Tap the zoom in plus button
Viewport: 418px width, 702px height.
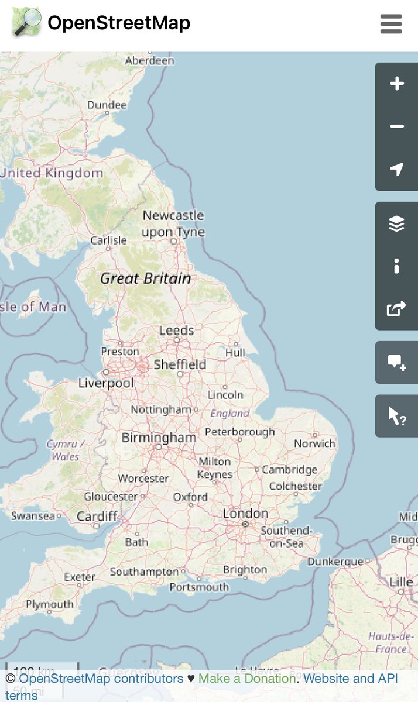click(x=397, y=84)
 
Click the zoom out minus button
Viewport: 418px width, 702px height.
click(x=397, y=126)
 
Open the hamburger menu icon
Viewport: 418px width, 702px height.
click(x=391, y=24)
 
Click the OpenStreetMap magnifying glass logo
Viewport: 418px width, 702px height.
click(x=26, y=23)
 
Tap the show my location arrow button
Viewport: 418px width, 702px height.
click(x=397, y=170)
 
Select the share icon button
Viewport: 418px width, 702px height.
click(x=397, y=308)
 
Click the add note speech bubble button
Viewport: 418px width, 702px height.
click(x=397, y=363)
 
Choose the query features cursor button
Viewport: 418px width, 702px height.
click(x=397, y=416)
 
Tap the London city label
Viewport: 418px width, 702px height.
click(x=245, y=514)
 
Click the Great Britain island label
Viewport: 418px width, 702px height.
click(x=145, y=278)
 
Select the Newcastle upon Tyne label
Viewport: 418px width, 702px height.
click(x=173, y=223)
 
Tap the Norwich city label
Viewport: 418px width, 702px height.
click(x=315, y=443)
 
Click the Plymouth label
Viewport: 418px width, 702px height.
click(x=50, y=604)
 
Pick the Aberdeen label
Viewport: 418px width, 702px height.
click(x=150, y=60)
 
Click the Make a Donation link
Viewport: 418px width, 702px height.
click(x=246, y=679)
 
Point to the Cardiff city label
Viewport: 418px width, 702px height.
click(x=97, y=517)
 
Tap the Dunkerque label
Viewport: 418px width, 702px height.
click(x=335, y=562)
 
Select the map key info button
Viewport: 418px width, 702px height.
click(x=397, y=266)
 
